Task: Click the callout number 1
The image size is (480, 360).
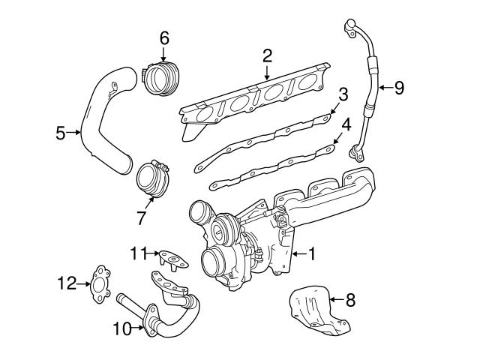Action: [x=311, y=254]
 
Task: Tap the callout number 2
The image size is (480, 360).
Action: [x=266, y=55]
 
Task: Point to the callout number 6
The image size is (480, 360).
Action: [x=164, y=37]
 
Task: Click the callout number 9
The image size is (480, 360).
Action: [x=399, y=88]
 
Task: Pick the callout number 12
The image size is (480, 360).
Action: [x=67, y=283]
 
